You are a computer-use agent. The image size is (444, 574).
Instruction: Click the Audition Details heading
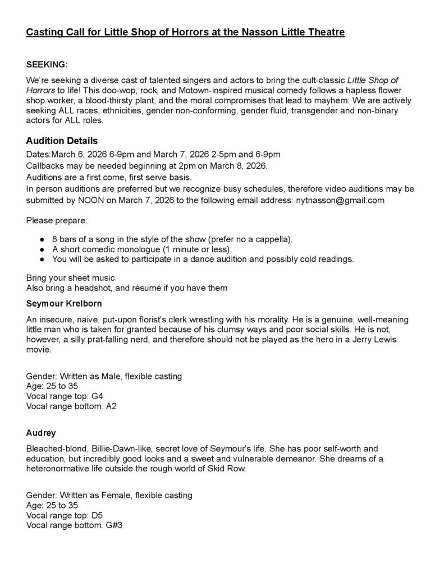click(x=62, y=141)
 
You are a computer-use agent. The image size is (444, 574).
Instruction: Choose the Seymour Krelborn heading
click(x=63, y=304)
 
